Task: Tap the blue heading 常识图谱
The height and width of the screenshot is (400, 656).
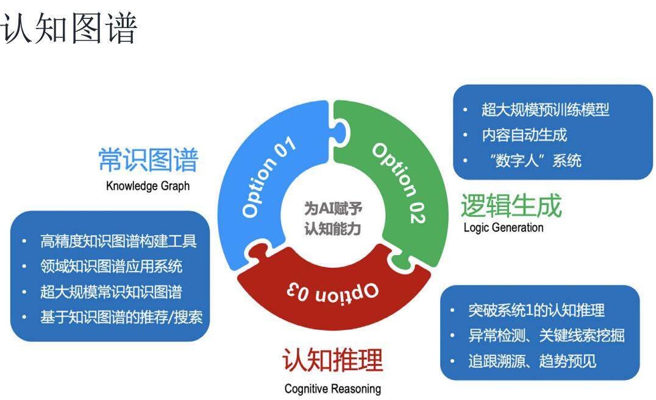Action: (148, 161)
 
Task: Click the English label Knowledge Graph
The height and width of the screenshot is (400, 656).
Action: (148, 186)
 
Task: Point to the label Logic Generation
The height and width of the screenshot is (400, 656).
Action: (503, 228)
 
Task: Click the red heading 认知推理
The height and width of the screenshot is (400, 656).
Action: (332, 360)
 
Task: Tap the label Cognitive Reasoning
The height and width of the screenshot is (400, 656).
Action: (332, 388)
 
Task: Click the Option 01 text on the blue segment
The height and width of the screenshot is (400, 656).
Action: (268, 177)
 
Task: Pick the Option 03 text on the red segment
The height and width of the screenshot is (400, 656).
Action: (332, 290)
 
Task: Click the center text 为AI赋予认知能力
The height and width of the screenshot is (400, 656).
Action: (333, 219)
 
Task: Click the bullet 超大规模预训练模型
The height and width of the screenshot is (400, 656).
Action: (545, 110)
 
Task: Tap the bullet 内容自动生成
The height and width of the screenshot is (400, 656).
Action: (524, 135)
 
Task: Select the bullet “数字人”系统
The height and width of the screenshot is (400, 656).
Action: (531, 161)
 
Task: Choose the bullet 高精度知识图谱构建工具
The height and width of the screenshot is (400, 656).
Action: (118, 241)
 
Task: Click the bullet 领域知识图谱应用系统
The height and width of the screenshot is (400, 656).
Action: (111, 267)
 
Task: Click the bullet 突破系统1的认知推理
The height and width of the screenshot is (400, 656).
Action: (536, 310)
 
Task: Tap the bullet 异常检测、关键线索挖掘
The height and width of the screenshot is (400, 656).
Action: (546, 335)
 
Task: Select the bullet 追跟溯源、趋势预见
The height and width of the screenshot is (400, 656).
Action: (532, 361)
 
